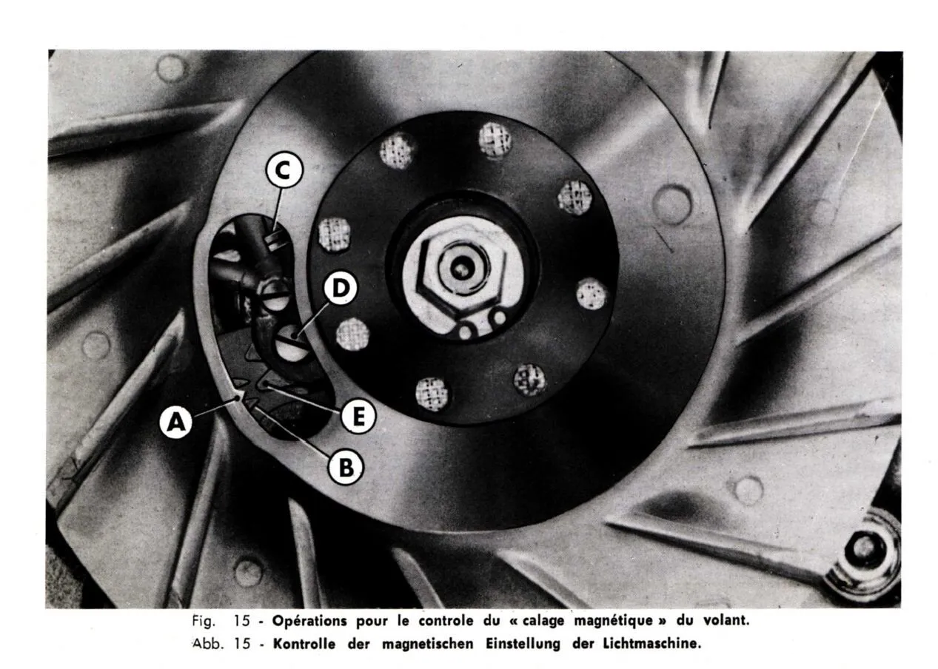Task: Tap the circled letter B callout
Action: [x=346, y=467]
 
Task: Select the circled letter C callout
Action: [x=284, y=170]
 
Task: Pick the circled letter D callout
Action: [x=341, y=288]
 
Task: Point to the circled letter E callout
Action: [x=358, y=417]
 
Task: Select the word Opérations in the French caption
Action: [x=309, y=620]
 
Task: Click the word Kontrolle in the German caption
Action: [x=304, y=643]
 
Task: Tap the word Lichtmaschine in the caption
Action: [x=651, y=643]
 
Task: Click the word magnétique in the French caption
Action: [x=614, y=621]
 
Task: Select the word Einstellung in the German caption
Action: [x=523, y=644]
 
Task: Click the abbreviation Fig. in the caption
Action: [x=204, y=621]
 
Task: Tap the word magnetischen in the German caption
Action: [x=428, y=644]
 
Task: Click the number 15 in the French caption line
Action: [x=242, y=620]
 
